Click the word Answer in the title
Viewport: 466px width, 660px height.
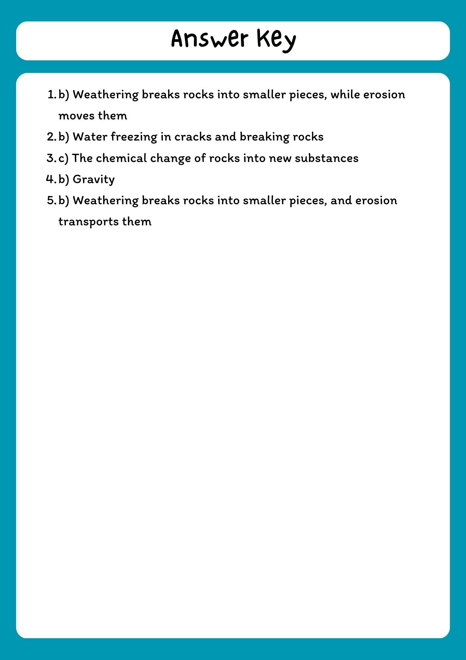tap(210, 39)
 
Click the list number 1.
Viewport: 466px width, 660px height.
tap(52, 95)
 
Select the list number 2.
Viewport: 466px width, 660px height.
tap(51, 137)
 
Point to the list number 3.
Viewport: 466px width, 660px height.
tap(51, 158)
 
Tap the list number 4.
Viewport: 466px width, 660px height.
tap(51, 179)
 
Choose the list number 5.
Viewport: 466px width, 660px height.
tap(51, 200)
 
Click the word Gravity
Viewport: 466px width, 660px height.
tap(94, 180)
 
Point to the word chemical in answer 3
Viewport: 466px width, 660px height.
tap(121, 158)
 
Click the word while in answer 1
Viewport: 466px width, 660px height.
tap(345, 95)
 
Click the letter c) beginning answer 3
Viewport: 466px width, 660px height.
tap(63, 158)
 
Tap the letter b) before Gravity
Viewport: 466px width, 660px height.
tap(64, 179)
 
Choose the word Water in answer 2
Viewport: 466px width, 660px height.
tap(90, 137)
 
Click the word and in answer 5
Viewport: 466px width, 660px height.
tap(341, 200)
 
